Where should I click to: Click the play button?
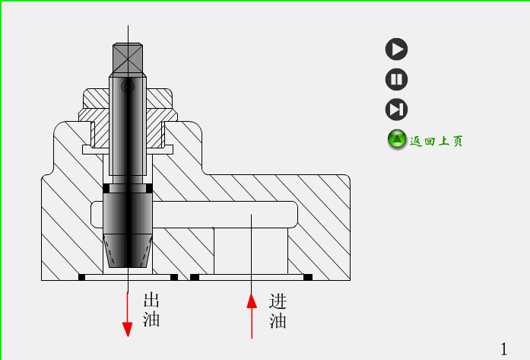pos(396,49)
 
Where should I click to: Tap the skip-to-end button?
pos(396,109)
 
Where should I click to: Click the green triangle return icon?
pos(397,139)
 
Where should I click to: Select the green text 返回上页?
pos(436,141)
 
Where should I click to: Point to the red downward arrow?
pos(128,312)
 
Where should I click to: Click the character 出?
pos(151,300)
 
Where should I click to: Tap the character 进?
pos(278,301)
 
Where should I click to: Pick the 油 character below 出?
pos(151,320)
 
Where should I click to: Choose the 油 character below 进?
pos(278,321)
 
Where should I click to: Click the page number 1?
pos(503,348)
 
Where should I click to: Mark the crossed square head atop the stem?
pos(128,58)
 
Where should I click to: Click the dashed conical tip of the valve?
pos(128,250)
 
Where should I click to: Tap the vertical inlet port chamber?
pos(251,251)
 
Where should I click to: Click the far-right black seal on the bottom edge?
pos(308,277)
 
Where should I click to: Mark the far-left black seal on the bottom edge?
pos(82,277)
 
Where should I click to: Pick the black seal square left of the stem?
pos(106,188)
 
